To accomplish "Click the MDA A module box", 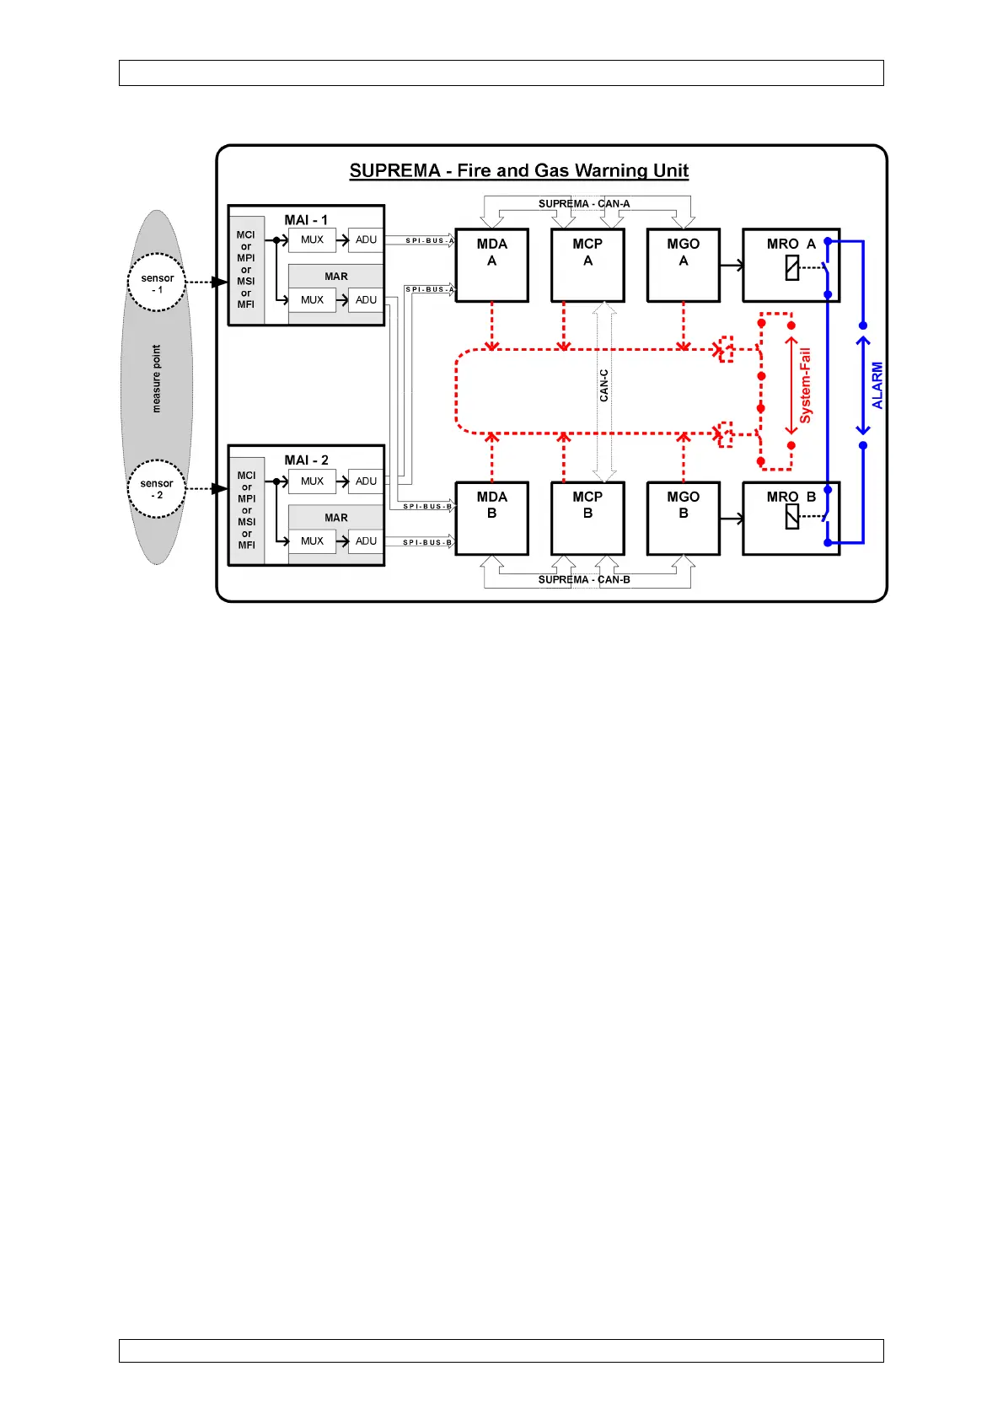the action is (x=492, y=265).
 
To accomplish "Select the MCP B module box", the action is (x=587, y=518).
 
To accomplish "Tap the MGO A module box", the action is (x=683, y=265).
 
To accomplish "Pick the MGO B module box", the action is (x=683, y=518).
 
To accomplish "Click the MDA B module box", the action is (x=492, y=518).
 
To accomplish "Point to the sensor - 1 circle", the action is (x=157, y=282).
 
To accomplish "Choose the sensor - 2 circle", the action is (x=157, y=489).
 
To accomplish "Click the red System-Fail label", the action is (x=806, y=385).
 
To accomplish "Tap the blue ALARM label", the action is (x=877, y=385).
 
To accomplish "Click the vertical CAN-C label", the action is (x=603, y=385).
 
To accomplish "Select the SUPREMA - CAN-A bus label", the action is (x=584, y=204).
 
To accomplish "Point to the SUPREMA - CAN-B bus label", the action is (x=584, y=580).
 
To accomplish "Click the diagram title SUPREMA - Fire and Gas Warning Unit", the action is (x=519, y=171).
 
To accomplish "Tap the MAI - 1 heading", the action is (x=306, y=220).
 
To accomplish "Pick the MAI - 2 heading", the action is (x=306, y=460).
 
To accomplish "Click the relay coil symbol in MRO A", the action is (x=792, y=268).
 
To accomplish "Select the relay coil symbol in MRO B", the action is (x=792, y=516).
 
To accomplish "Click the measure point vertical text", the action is (x=156, y=379).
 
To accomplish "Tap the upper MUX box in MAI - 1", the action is (x=312, y=240).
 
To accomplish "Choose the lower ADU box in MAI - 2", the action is (x=366, y=541).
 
